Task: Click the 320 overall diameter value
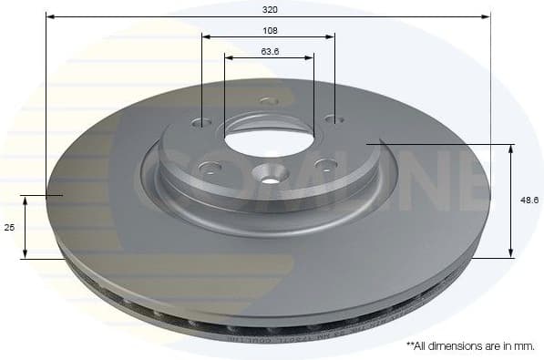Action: (x=269, y=8)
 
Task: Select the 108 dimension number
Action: (x=269, y=29)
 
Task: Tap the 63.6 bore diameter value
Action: (x=270, y=51)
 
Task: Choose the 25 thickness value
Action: (x=10, y=227)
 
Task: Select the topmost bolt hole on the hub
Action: (x=267, y=101)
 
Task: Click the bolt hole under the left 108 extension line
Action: (x=202, y=123)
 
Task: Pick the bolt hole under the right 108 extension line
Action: (x=334, y=119)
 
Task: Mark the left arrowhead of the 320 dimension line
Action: (x=49, y=16)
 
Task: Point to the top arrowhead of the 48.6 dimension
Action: (x=510, y=148)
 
